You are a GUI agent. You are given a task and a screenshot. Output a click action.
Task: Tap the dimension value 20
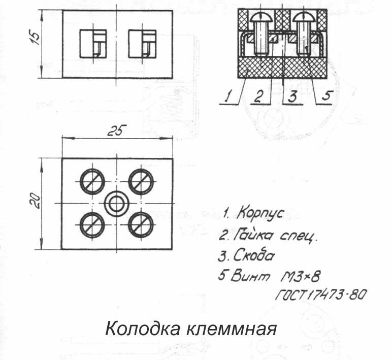click(36, 201)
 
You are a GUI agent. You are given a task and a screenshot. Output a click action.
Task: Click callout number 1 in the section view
click(228, 97)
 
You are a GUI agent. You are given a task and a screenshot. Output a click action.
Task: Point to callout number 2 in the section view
click(259, 97)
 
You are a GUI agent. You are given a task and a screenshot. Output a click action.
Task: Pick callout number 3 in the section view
click(292, 97)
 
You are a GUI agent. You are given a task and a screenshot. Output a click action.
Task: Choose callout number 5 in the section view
click(326, 96)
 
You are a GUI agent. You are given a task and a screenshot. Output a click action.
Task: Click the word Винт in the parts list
click(250, 276)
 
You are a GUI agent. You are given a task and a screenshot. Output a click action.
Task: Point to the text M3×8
click(300, 276)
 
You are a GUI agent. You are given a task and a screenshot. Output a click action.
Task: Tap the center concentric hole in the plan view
click(116, 204)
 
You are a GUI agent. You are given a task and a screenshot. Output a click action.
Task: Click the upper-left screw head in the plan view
click(92, 181)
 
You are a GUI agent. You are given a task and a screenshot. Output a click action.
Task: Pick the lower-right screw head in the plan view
click(141, 224)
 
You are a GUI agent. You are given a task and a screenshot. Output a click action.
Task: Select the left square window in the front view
click(93, 44)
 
